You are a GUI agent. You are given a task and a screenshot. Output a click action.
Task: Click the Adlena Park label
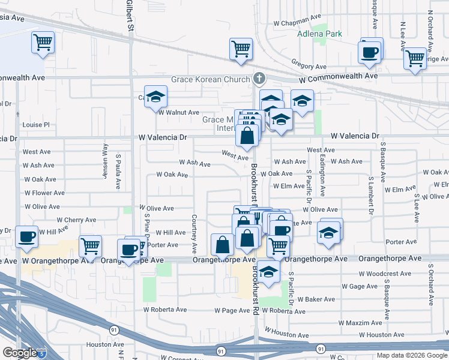pyautogui.click(x=319, y=34)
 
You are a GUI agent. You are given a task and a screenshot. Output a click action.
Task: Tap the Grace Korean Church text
pyautogui.click(x=209, y=79)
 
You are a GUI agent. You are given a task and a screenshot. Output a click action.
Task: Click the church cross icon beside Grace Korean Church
pyautogui.click(x=259, y=78)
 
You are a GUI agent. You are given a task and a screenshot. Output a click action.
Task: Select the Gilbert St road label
pyautogui.click(x=129, y=15)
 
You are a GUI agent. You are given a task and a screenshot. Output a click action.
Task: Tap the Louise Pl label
pyautogui.click(x=35, y=125)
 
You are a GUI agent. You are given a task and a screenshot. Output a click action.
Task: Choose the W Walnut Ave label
pyautogui.click(x=178, y=112)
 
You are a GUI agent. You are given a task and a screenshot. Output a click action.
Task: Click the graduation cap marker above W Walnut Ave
pyautogui.click(x=155, y=97)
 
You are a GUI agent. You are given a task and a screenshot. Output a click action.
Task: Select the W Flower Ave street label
pyautogui.click(x=44, y=193)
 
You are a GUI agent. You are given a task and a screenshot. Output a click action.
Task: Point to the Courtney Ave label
pyautogui.click(x=194, y=230)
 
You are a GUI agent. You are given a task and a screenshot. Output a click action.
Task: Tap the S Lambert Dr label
pyautogui.click(x=371, y=196)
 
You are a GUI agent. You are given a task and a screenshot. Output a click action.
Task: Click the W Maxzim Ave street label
pyautogui.click(x=360, y=323)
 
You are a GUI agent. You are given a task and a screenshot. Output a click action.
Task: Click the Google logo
pyautogui.click(x=19, y=353)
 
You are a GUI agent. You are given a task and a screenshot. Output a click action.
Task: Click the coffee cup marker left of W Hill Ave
pyautogui.click(x=26, y=236)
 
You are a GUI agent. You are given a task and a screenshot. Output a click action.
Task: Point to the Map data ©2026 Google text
pyautogui.click(x=412, y=355)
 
